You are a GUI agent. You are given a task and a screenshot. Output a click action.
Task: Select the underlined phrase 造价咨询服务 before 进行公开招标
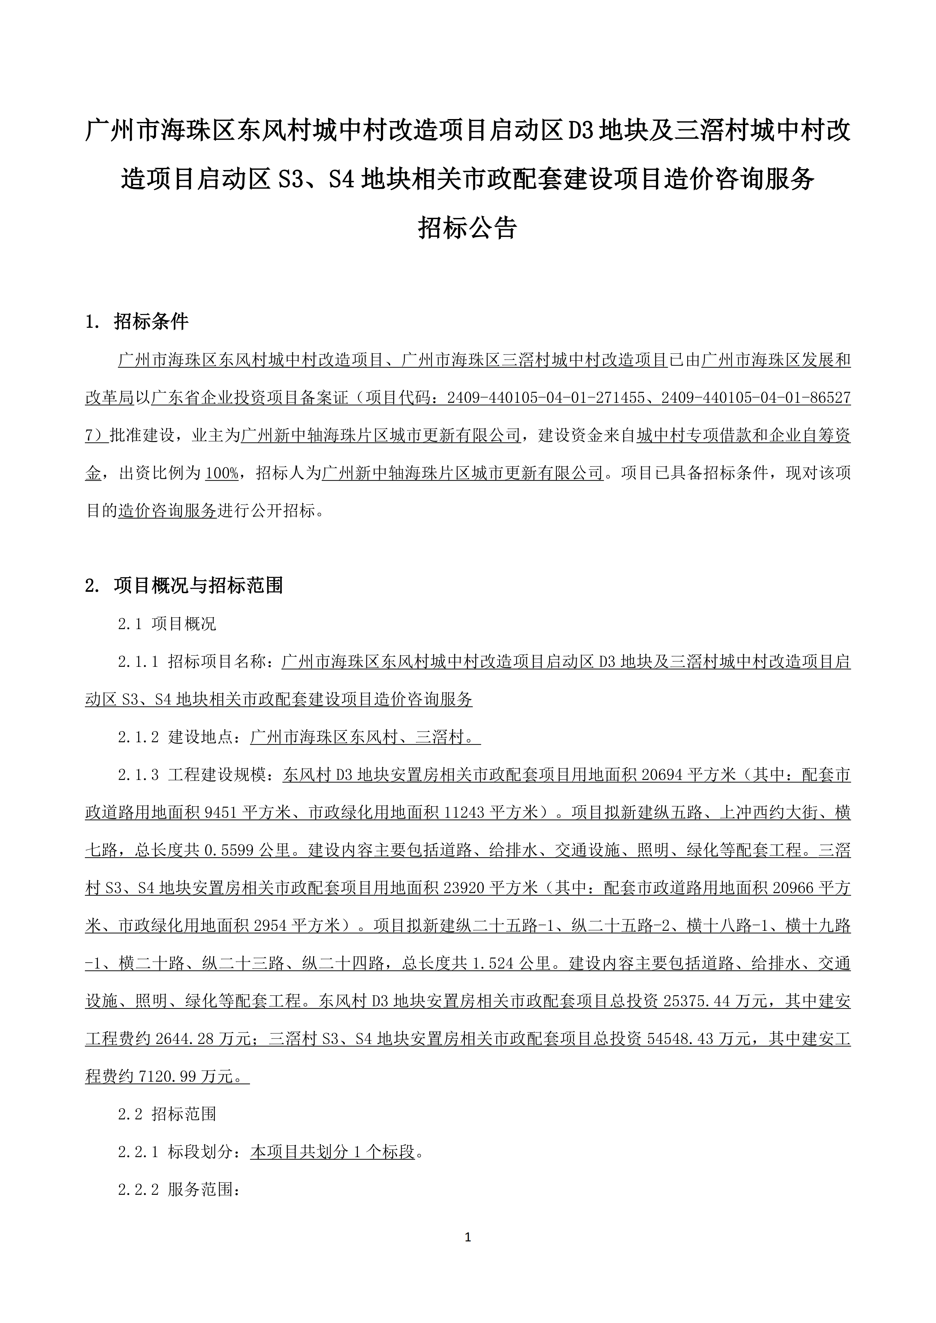[167, 511]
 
